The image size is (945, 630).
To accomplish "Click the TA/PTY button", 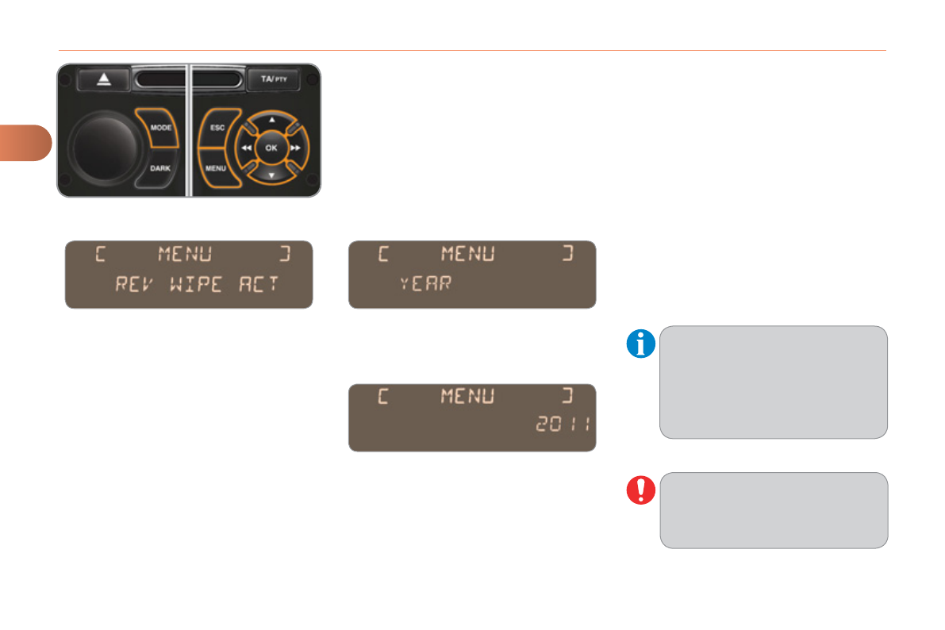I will (274, 80).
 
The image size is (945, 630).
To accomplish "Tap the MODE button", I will (160, 128).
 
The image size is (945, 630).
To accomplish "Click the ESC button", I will (217, 127).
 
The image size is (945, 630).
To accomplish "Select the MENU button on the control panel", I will (216, 168).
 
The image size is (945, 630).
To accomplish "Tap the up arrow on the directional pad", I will (272, 119).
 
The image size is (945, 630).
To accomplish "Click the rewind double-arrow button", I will (247, 148).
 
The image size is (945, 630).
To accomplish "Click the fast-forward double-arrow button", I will (296, 148).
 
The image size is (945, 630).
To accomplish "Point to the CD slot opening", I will (189, 79).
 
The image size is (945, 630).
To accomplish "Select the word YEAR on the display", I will (426, 282).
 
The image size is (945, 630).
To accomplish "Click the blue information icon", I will (640, 344).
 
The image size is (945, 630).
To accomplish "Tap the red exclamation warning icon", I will (640, 490).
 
